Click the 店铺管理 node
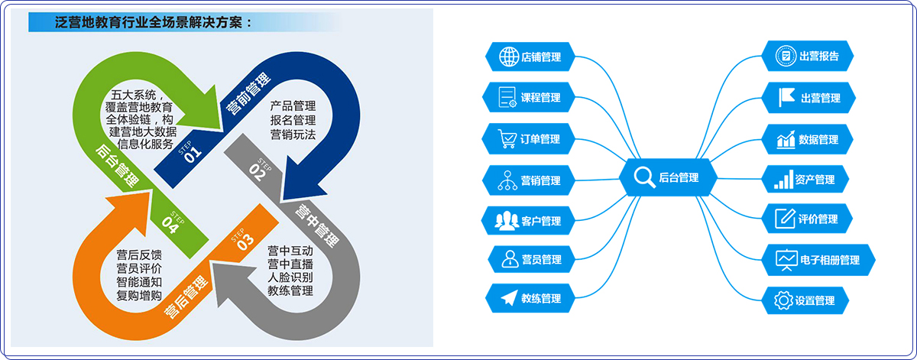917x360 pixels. [x=530, y=57]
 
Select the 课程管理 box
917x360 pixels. [x=529, y=98]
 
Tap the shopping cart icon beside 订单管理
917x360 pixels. [x=507, y=139]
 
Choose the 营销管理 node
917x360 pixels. [x=529, y=180]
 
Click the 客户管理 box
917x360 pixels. [x=529, y=221]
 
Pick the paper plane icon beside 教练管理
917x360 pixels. [x=508, y=298]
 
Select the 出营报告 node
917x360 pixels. [x=808, y=56]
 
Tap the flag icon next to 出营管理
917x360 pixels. [x=786, y=98]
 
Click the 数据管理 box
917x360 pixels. [x=808, y=140]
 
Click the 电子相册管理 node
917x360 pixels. [x=818, y=260]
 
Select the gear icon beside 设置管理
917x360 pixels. [x=783, y=300]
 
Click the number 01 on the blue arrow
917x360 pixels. [x=193, y=151]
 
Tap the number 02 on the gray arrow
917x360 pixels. [x=256, y=174]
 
